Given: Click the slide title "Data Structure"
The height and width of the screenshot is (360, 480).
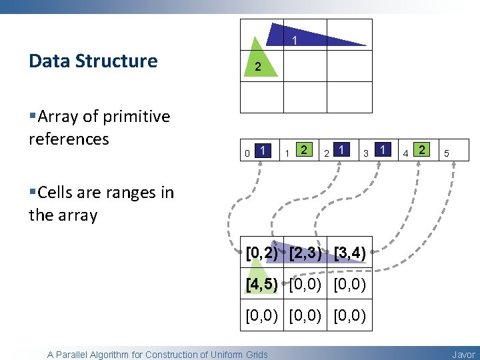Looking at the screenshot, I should coord(93,61).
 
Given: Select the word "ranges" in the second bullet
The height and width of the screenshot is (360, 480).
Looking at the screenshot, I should coord(123,193).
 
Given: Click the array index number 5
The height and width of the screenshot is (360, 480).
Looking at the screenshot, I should coord(447,154).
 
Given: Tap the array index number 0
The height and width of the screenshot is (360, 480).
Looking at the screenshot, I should coord(247,154).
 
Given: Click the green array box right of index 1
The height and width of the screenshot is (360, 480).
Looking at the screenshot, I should coord(304,149).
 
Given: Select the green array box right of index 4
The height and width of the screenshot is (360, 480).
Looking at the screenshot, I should coord(422,149).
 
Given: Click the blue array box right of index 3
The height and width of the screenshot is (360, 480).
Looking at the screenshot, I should coord(382,149).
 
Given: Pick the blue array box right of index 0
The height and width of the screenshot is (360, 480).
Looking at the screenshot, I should coord(265,149).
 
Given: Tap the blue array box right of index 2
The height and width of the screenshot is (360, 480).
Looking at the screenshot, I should coord(342,149).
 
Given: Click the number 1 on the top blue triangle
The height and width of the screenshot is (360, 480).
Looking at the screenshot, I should coord(295,41).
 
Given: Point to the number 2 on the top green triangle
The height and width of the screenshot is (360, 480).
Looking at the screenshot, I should coord(257,67).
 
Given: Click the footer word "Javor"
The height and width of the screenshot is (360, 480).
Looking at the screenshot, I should coord(464,355).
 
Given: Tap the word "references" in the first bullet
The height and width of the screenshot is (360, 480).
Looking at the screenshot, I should coord(69,139).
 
